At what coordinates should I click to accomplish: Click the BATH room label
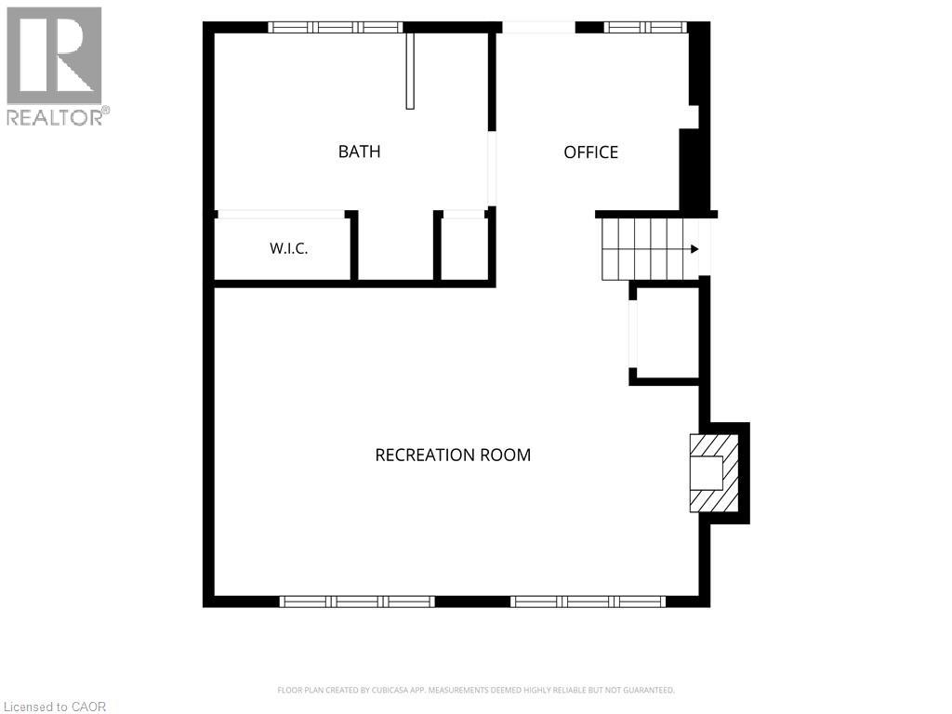360,152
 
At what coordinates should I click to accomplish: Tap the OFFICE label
590,152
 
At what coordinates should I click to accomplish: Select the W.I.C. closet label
289,248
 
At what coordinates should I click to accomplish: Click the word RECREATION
424,455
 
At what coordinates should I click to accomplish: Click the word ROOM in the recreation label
505,455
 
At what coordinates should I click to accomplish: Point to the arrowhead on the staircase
694,249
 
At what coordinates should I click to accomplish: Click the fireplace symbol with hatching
714,473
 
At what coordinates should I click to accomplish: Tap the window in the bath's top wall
336,27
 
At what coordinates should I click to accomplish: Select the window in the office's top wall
645,27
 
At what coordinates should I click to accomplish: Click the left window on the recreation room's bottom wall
357,602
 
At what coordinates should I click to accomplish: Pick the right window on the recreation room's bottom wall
588,602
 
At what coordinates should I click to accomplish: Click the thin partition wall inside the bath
410,71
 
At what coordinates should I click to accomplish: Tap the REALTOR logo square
54,55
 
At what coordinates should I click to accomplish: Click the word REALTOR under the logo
55,117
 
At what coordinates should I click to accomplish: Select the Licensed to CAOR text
54,707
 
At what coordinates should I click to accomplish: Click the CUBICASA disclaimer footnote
476,691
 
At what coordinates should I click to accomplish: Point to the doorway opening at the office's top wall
538,27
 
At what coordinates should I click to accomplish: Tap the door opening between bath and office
493,169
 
